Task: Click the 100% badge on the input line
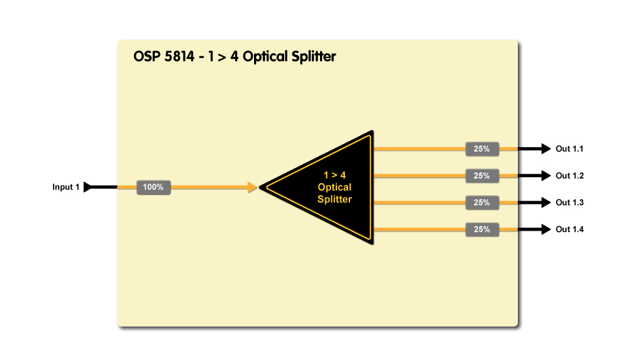(153, 188)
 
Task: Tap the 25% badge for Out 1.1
(482, 149)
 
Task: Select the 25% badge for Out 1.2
(482, 176)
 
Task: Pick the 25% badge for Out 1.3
(482, 203)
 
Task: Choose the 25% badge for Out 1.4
(482, 229)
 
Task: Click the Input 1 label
(66, 188)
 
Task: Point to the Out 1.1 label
(569, 149)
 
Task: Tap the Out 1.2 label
(569, 176)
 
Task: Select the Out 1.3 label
(569, 203)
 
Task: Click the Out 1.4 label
(569, 229)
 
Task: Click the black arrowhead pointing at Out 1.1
(547, 149)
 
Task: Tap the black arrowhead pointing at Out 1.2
(547, 176)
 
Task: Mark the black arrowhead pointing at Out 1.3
(547, 203)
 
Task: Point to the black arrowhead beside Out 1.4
(547, 229)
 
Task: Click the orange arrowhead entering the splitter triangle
(253, 188)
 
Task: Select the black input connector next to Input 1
(89, 188)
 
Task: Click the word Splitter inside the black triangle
(334, 199)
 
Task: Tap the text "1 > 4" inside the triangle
(334, 175)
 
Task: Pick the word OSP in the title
(147, 56)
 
